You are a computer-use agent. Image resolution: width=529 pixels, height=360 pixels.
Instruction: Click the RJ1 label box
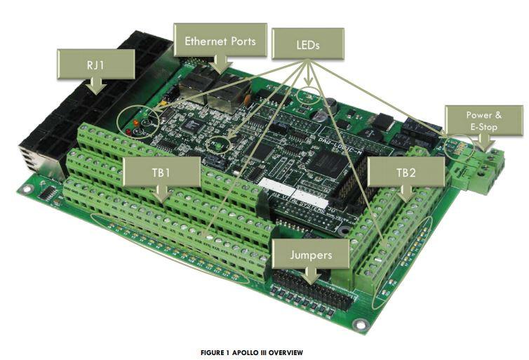[x=96, y=65]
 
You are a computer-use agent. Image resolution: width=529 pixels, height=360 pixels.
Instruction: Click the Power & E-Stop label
[x=484, y=121]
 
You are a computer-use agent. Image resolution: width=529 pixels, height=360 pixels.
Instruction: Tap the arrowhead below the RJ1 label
[x=96, y=87]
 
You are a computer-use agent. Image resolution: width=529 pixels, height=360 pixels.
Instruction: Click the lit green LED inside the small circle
[x=219, y=145]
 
